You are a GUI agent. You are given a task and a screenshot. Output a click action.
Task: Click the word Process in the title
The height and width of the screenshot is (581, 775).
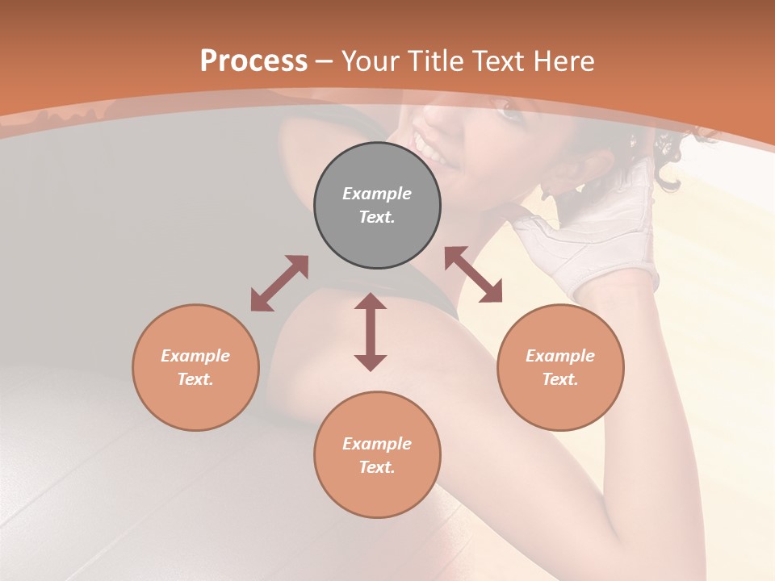coord(253,61)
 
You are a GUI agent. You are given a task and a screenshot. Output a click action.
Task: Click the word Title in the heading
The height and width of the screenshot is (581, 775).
coord(434,61)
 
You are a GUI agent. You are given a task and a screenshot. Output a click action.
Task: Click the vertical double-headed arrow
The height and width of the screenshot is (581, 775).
coord(371,332)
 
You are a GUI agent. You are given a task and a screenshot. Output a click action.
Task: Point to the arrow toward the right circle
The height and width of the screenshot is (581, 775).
coord(473,275)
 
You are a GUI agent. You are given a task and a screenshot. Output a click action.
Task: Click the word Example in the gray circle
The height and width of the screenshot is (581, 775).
coord(377,194)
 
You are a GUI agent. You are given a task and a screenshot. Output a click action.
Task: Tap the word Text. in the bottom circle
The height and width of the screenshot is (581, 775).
coord(377,467)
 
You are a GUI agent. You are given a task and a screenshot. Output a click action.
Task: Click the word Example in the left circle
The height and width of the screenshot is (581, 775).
coord(195,356)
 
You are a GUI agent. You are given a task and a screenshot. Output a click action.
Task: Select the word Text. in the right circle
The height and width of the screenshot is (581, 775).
coord(560,379)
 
